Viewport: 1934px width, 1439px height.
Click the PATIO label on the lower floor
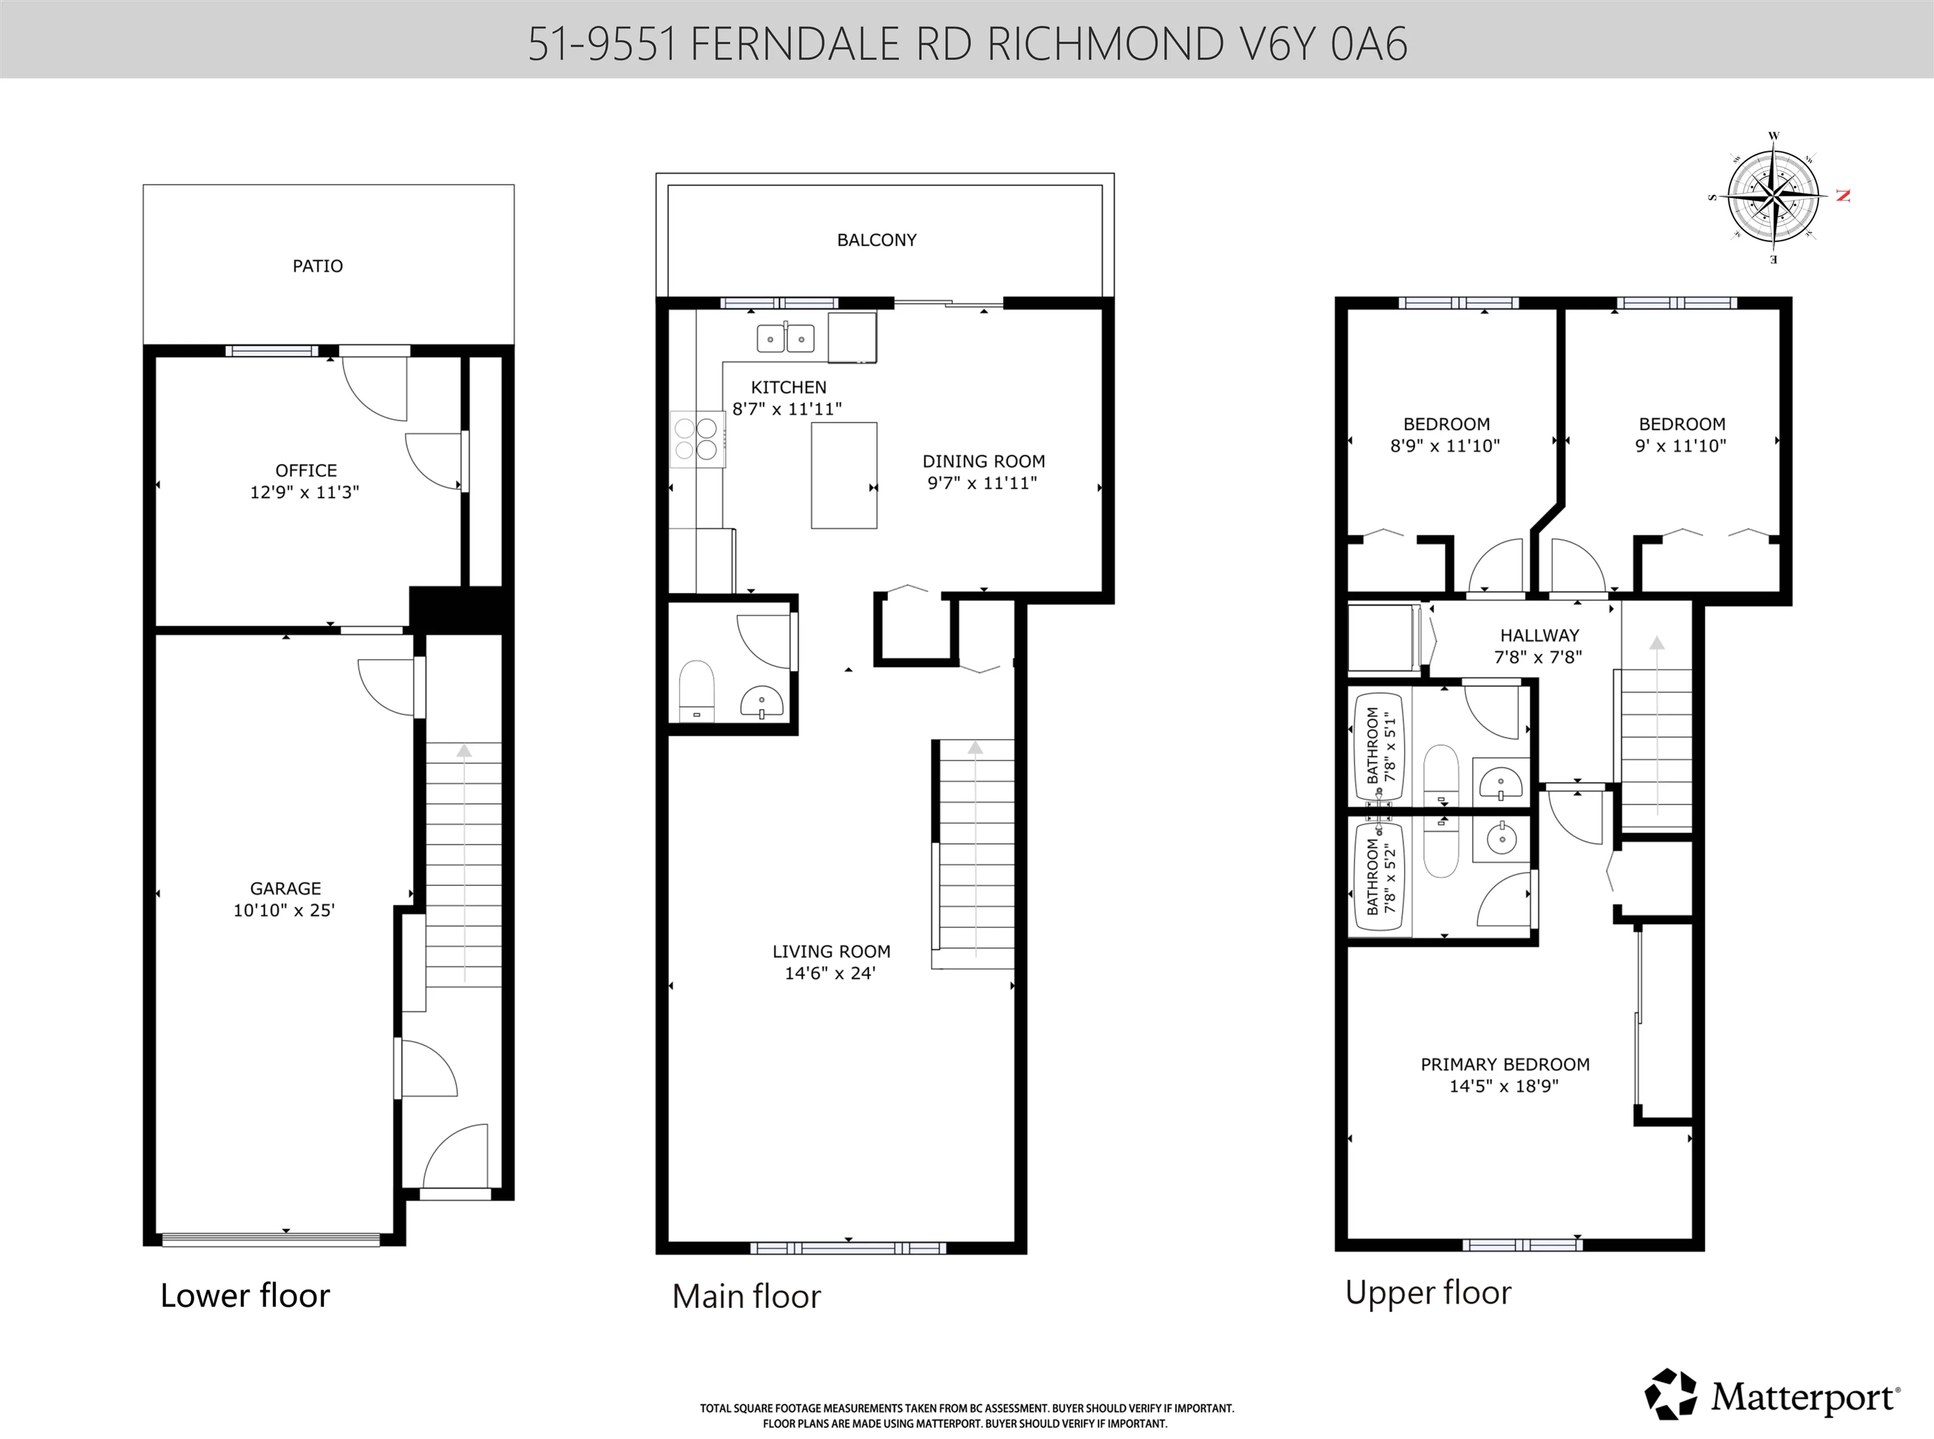pyautogui.click(x=317, y=266)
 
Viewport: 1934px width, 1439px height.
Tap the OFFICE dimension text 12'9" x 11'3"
pyautogui.click(x=304, y=492)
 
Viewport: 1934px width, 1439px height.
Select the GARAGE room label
pyautogui.click(x=286, y=889)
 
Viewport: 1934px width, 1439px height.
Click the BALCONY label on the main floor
pyautogui.click(x=876, y=240)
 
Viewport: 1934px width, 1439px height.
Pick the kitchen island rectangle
pyautogui.click(x=843, y=475)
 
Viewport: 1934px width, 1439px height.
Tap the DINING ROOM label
pyautogui.click(x=984, y=462)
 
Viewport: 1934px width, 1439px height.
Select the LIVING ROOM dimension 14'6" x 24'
pyautogui.click(x=830, y=974)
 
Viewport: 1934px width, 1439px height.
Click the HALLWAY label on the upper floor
pyautogui.click(x=1539, y=636)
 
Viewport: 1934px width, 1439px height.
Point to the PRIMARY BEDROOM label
pyautogui.click(x=1504, y=1064)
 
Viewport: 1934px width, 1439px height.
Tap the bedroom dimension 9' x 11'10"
pyautogui.click(x=1681, y=446)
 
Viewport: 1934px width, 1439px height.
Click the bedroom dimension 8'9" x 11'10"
pyautogui.click(x=1444, y=446)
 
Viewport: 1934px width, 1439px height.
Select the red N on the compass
pyautogui.click(x=1842, y=195)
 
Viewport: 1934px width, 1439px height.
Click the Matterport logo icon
pyautogui.click(x=1670, y=1395)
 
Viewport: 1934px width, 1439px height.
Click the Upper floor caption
pyautogui.click(x=1428, y=1292)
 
